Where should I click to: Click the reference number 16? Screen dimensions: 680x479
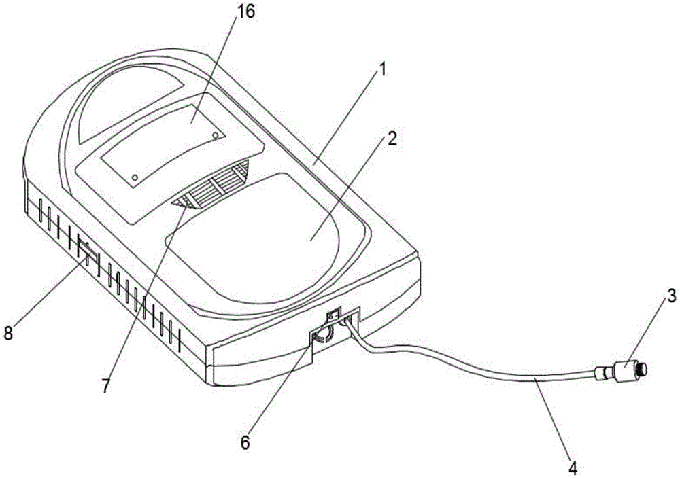(245, 12)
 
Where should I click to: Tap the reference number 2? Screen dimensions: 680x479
(392, 139)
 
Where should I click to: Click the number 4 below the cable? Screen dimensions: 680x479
(573, 467)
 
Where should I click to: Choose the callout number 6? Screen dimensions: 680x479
(245, 442)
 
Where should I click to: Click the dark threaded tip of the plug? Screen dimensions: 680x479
(643, 369)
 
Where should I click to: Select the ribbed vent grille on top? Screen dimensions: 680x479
(212, 186)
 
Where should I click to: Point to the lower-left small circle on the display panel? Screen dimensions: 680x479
(135, 177)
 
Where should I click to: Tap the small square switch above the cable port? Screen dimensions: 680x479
(333, 315)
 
